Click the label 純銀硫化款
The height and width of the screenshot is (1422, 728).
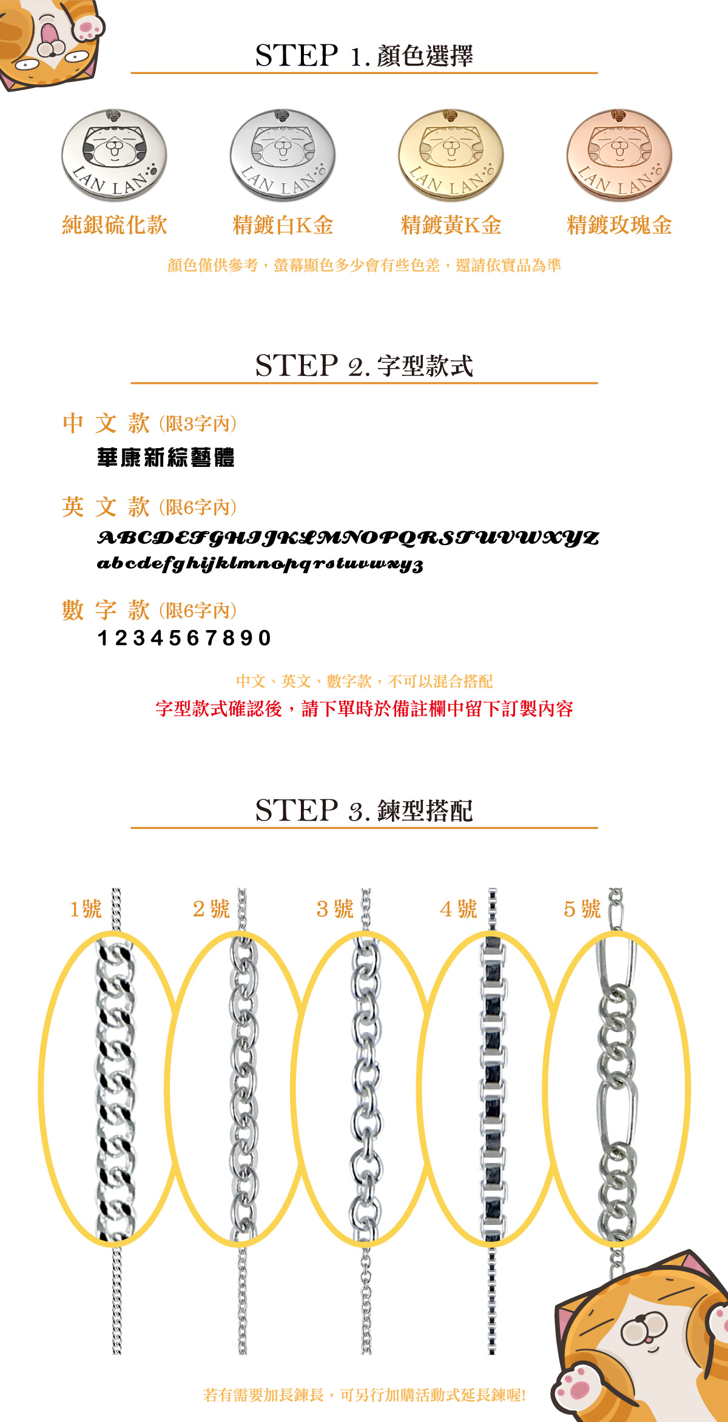click(115, 225)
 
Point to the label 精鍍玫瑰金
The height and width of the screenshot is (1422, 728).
click(619, 225)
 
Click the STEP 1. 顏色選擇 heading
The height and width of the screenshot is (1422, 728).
click(364, 55)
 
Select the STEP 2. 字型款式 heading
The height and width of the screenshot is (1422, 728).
click(364, 366)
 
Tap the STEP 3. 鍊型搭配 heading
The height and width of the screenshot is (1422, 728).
click(364, 811)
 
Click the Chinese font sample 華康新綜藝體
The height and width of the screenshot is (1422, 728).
click(166, 457)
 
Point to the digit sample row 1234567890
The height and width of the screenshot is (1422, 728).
click(184, 638)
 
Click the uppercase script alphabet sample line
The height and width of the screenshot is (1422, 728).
click(348, 538)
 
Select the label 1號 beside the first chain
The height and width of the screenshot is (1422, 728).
click(86, 909)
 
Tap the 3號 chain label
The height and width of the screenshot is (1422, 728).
click(335, 909)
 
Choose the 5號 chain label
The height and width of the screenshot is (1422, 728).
click(582, 909)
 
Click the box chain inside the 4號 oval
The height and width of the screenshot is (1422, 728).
click(492, 1088)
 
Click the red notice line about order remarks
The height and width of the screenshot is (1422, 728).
click(364, 708)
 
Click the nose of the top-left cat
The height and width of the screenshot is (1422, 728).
click(50, 45)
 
